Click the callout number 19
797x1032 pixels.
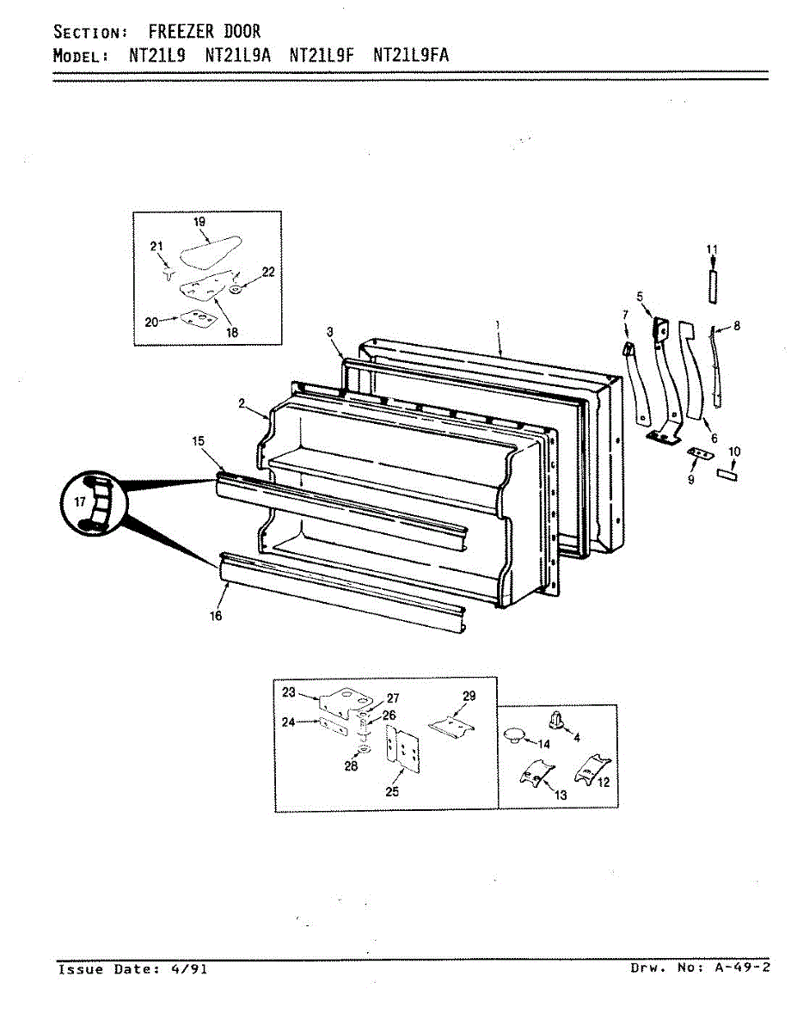tap(199, 222)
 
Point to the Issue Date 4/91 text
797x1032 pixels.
tap(132, 969)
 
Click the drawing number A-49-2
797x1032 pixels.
tap(742, 967)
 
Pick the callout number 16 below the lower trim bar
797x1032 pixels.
tap(215, 616)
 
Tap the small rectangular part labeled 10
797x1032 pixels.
tap(726, 473)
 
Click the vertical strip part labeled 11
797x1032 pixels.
tap(711, 286)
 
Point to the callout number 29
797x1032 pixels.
tap(469, 696)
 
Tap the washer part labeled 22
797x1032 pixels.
tap(236, 287)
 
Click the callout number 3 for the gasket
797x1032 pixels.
tap(329, 331)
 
